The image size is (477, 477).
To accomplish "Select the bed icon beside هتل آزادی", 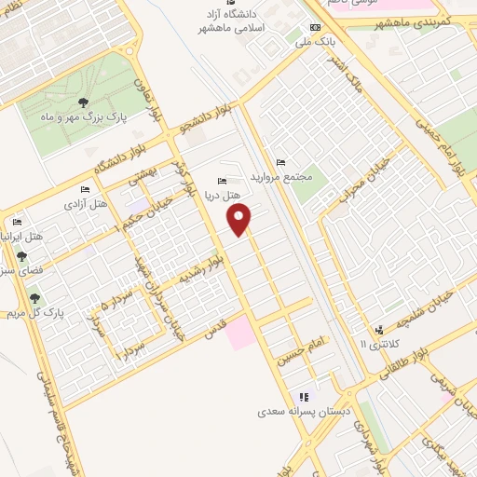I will coord(86,190).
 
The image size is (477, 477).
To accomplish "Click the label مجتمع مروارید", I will coord(303,175).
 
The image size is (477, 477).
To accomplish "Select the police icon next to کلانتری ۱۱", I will coord(379,330).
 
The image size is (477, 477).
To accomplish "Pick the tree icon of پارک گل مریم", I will coord(35,298).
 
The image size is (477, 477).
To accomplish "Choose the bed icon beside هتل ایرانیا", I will coord(17,223).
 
